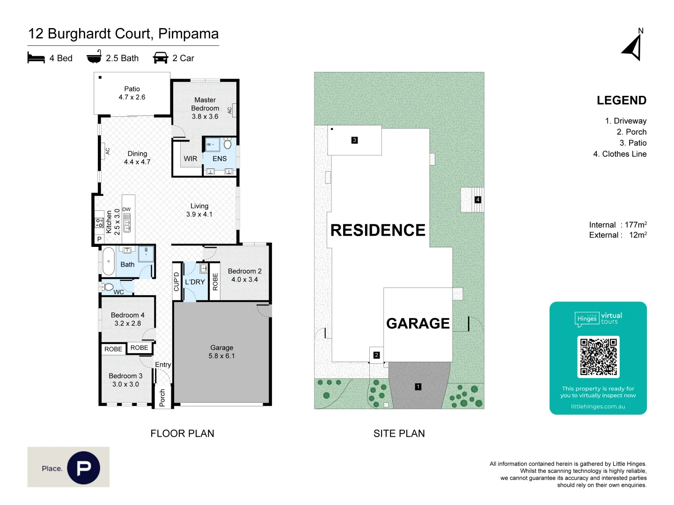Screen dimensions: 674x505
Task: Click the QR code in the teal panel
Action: point(598,357)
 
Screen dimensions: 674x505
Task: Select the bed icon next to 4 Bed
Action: point(36,58)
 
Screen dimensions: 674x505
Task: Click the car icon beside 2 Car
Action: point(161,58)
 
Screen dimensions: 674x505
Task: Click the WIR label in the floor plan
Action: point(190,159)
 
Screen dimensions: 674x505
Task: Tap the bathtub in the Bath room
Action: point(109,261)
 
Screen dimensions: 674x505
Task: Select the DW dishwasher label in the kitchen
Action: point(126,209)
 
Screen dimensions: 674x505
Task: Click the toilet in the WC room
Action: point(107,287)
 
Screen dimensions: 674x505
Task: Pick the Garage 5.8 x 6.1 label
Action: point(222,352)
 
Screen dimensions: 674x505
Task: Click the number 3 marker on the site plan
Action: point(355,140)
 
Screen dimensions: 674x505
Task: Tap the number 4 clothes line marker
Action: point(478,200)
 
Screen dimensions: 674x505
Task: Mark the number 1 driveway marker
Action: point(418,387)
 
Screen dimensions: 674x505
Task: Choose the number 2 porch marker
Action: point(376,355)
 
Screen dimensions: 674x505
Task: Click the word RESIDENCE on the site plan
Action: point(378,230)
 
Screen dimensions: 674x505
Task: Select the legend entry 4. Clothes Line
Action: point(620,154)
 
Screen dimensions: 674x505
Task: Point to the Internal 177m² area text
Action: point(618,225)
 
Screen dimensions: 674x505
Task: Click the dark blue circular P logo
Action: point(83,468)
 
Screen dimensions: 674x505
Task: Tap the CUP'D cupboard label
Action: point(176,281)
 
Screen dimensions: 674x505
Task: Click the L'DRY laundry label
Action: point(195,282)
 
